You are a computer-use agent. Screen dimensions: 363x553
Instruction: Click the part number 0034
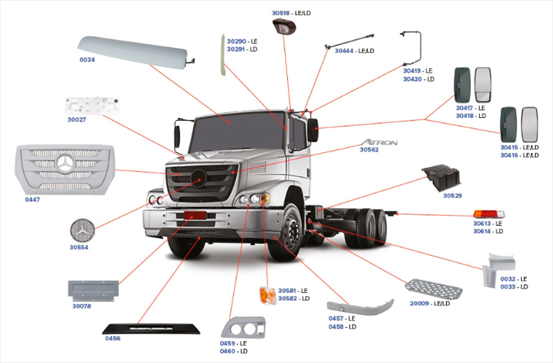[x=87, y=60]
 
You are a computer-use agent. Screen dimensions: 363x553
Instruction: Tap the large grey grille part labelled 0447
[x=64, y=170]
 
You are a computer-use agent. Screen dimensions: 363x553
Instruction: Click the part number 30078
[x=81, y=306]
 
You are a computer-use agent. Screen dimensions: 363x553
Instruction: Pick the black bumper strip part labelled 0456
[x=151, y=328]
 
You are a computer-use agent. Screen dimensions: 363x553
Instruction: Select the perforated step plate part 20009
[x=434, y=288]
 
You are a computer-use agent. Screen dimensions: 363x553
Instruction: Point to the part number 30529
[x=452, y=196]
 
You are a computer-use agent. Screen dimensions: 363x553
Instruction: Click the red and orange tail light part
[x=489, y=214]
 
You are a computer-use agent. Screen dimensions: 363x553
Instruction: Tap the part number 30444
[x=344, y=51]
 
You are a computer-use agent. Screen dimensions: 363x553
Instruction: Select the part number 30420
[x=412, y=79]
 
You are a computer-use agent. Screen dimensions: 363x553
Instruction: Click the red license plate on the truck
[x=195, y=215]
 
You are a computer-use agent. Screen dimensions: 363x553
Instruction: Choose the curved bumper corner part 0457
[x=360, y=307]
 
